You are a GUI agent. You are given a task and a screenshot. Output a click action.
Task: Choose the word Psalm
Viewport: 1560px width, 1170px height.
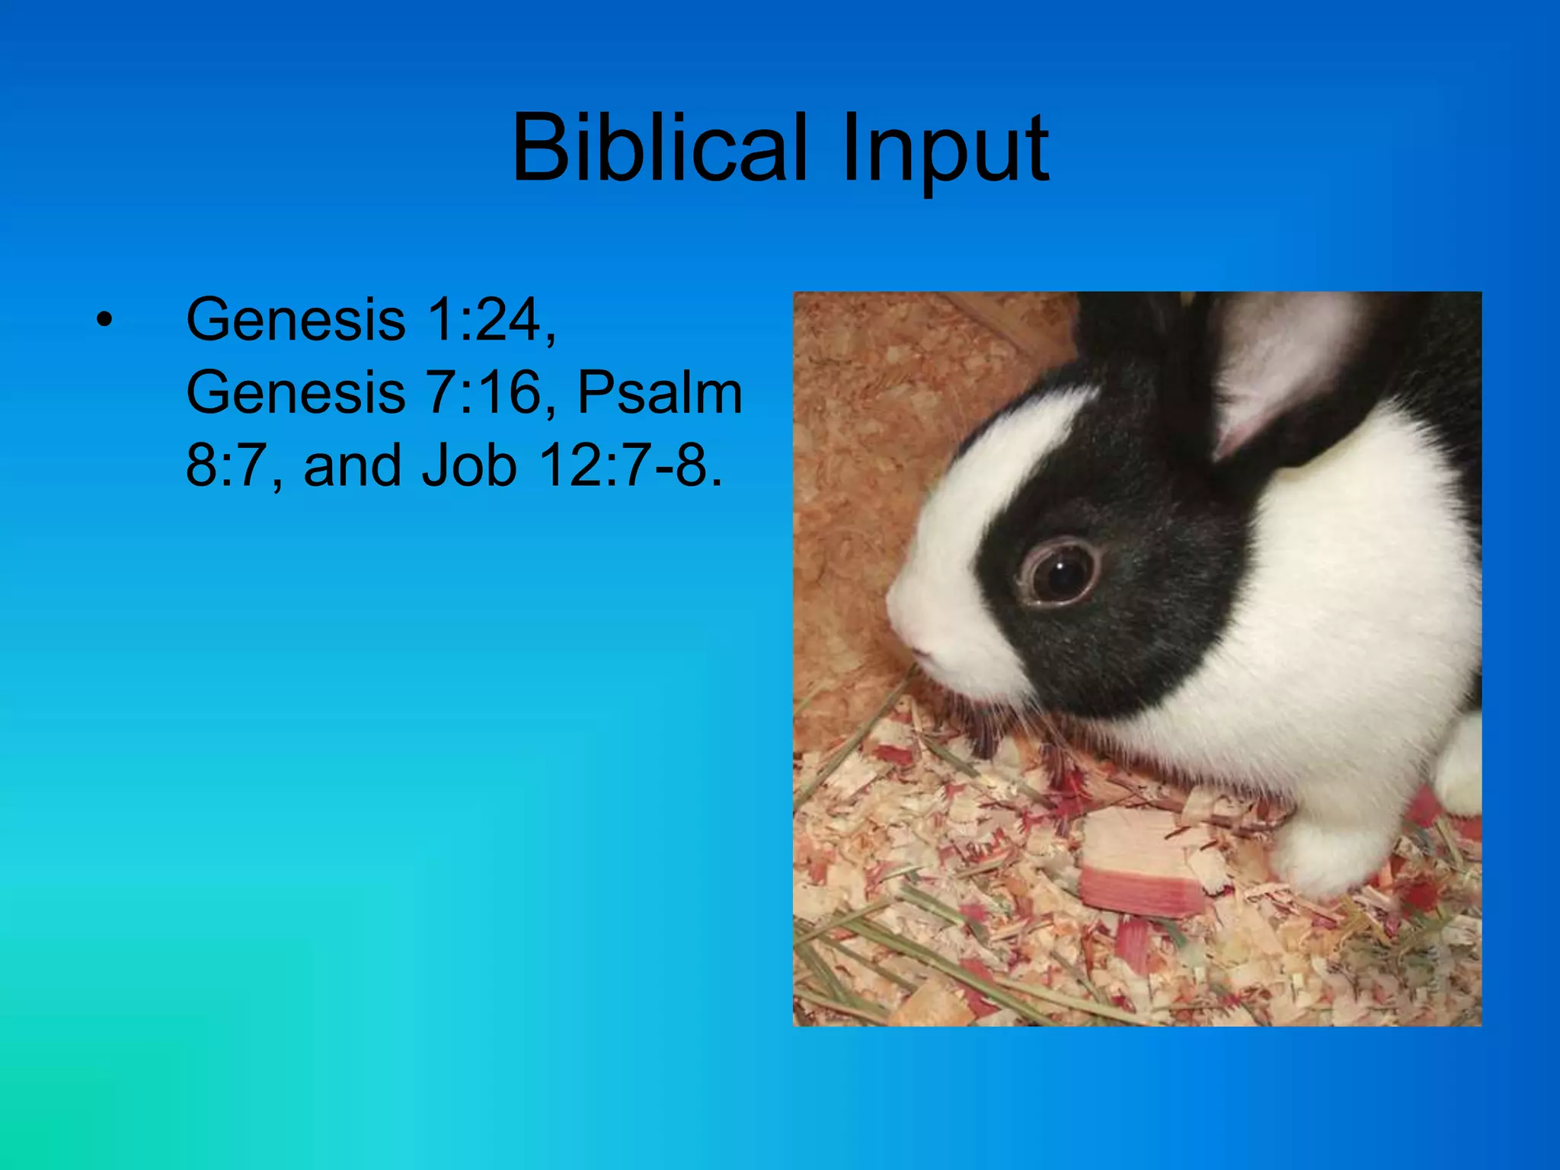[660, 393]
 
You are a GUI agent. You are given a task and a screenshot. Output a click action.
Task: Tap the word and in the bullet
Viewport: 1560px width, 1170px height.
[352, 466]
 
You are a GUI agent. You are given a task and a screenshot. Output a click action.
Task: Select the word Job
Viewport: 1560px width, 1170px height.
[470, 466]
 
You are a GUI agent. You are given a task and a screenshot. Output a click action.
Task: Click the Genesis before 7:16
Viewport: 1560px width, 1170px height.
[296, 393]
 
